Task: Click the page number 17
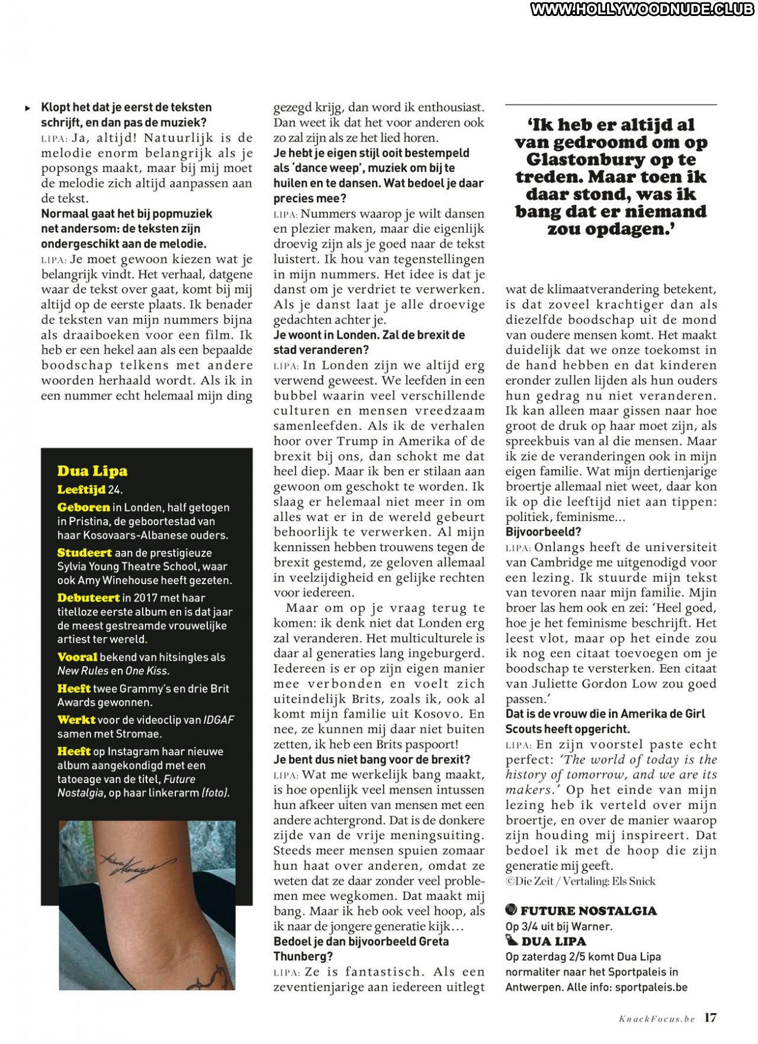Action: pos(711,1018)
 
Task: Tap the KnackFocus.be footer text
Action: pos(657,1019)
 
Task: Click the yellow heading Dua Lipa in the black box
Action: pos(92,471)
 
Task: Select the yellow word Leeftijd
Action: pos(81,489)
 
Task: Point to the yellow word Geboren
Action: pos(83,507)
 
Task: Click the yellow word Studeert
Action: pos(85,553)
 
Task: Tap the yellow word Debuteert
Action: pos(89,598)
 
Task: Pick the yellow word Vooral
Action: pos(78,657)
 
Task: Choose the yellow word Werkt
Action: pos(76,720)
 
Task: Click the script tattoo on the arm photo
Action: pos(136,865)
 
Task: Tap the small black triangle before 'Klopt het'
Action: pos(28,108)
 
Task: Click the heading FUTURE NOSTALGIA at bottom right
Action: pos(589,911)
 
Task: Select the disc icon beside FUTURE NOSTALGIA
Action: pos(512,910)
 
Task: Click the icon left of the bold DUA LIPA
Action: pos(512,940)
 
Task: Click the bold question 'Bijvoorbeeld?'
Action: pos(535,532)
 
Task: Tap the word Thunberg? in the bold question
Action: pos(303,956)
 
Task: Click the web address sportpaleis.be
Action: pos(651,987)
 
